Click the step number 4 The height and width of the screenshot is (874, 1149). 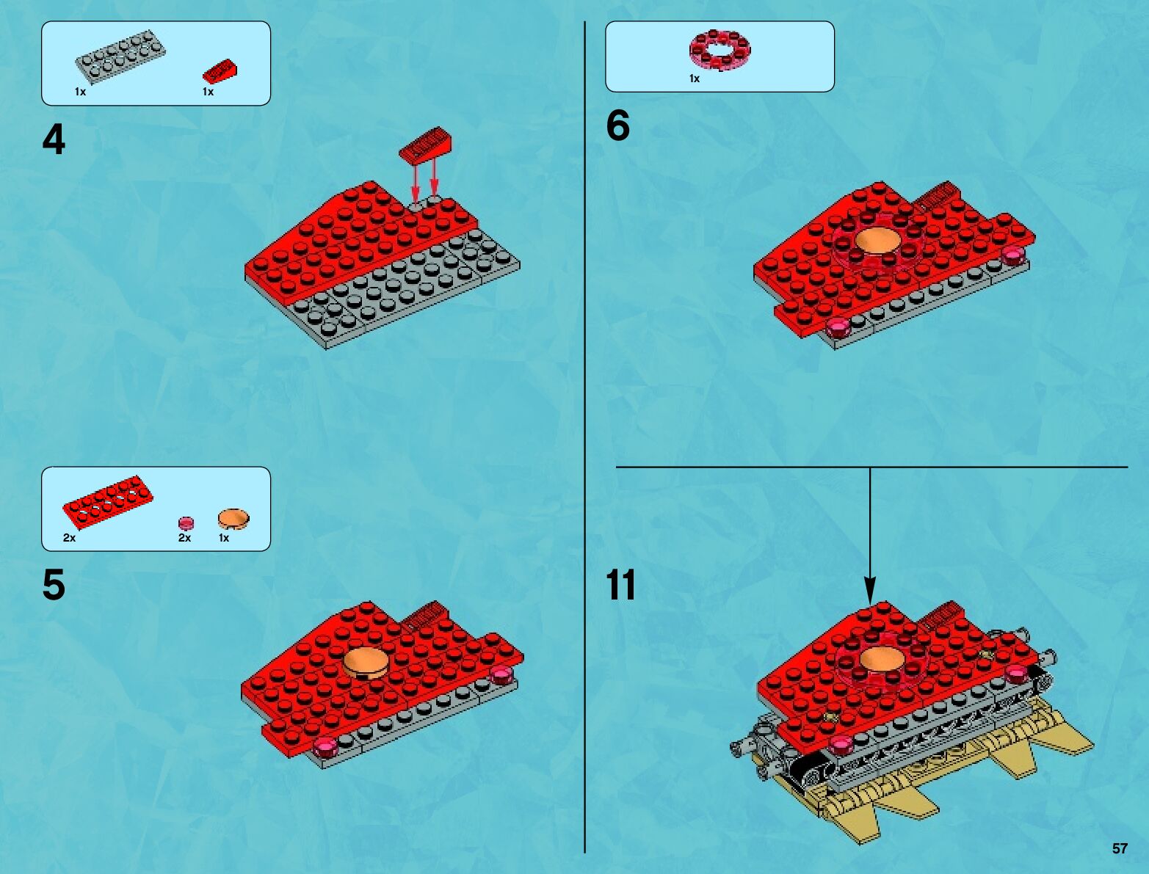(x=54, y=140)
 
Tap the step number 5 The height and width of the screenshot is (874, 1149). (x=54, y=585)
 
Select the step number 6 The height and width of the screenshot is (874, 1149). (x=617, y=126)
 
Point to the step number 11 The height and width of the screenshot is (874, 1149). (x=621, y=585)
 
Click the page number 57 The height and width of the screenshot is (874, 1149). (x=1120, y=848)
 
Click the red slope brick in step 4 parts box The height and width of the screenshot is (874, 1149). (x=220, y=72)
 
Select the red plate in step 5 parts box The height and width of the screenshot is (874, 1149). (x=108, y=501)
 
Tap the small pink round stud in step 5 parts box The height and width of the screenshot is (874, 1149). (x=186, y=522)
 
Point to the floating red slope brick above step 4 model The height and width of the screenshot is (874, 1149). (x=426, y=144)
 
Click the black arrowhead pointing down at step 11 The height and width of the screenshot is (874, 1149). (x=869, y=591)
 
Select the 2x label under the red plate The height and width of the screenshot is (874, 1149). (x=69, y=538)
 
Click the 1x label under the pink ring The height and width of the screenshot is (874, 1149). (x=694, y=79)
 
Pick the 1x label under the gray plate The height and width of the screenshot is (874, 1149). (x=80, y=92)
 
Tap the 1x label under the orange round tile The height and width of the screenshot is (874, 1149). (x=223, y=538)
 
